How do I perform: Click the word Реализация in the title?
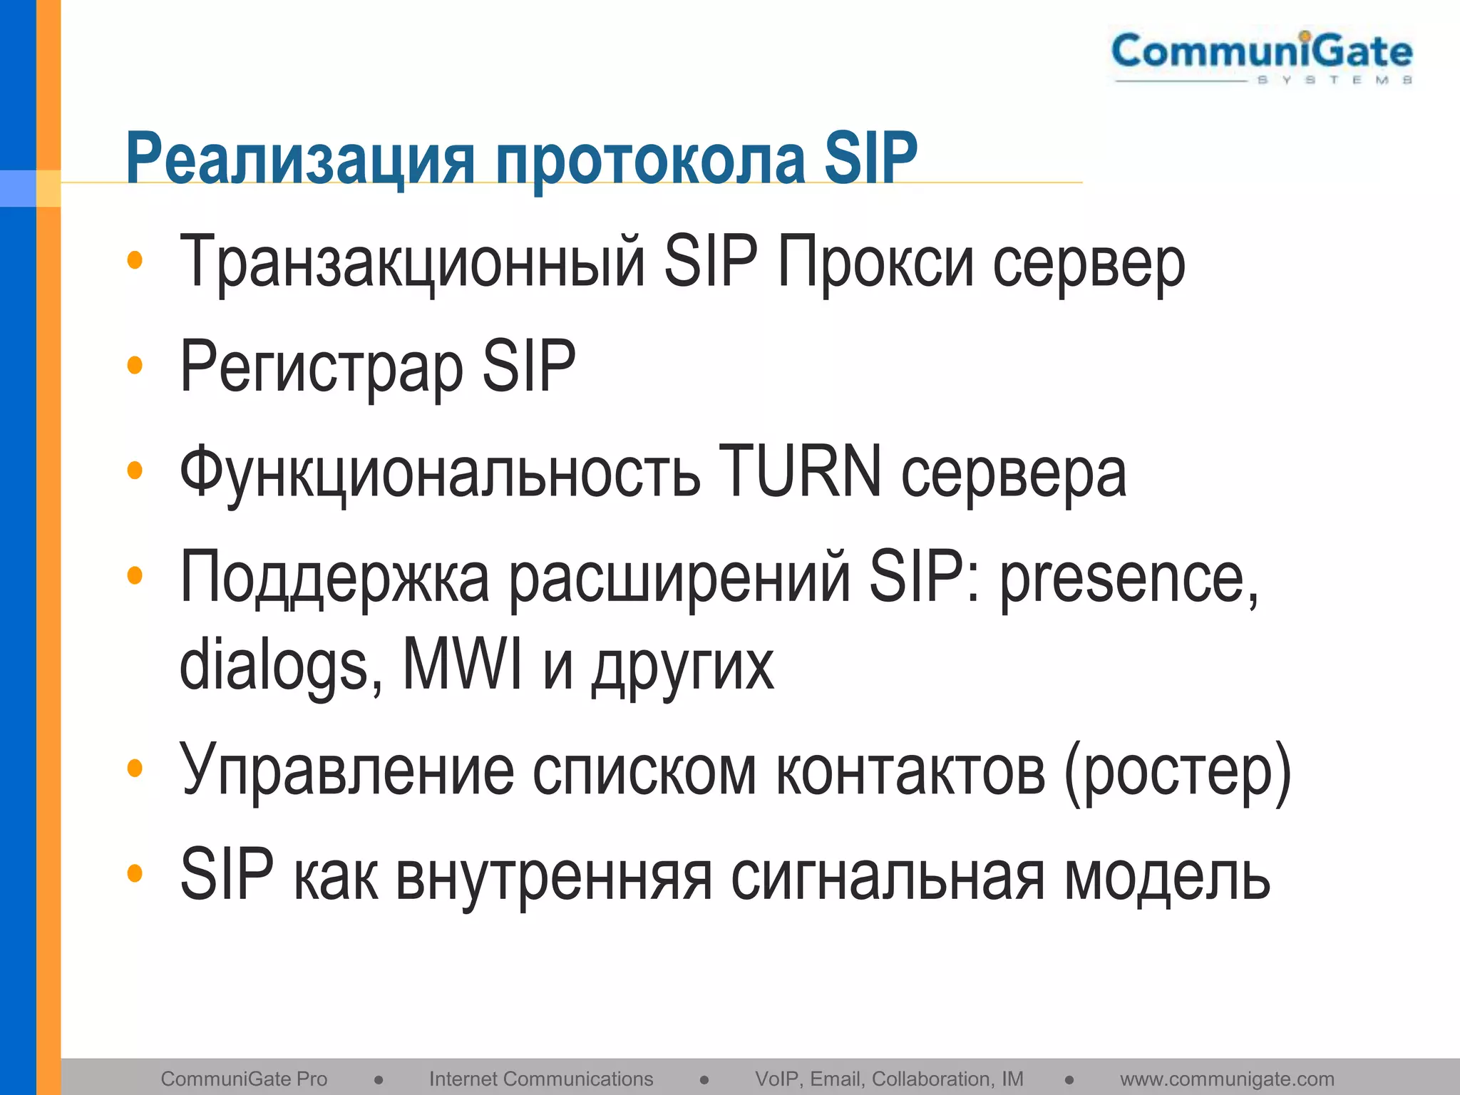(x=299, y=158)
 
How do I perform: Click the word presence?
(x=1129, y=577)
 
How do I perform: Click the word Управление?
(x=346, y=770)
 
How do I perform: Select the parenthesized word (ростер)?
(x=1177, y=771)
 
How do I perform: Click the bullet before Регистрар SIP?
(x=135, y=366)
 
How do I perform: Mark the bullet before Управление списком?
(x=135, y=768)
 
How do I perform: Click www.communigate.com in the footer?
(x=1227, y=1079)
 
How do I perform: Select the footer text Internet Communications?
(x=541, y=1079)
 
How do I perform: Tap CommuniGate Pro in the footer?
(x=244, y=1079)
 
